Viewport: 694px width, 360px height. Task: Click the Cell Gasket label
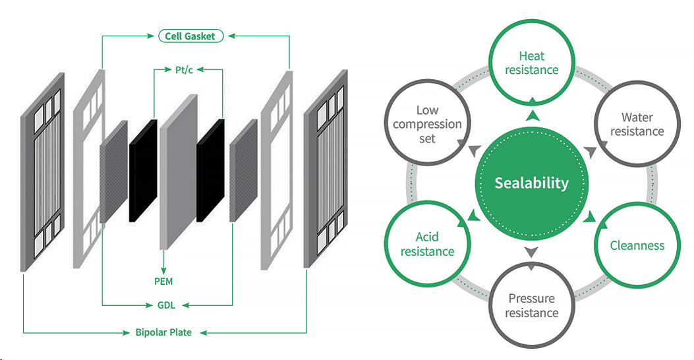(190, 36)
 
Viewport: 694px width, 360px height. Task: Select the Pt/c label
(177, 69)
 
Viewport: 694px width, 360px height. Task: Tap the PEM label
(163, 282)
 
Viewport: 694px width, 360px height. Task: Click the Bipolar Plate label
(163, 332)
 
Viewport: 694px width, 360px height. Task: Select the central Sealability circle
(531, 183)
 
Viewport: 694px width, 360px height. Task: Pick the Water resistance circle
(636, 124)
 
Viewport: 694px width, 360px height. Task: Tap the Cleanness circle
(636, 245)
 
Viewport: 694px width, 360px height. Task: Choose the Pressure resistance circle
(531, 305)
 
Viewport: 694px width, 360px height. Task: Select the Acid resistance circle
(427, 244)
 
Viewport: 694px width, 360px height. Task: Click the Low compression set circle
(427, 124)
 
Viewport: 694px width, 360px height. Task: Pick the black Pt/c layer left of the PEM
(143, 171)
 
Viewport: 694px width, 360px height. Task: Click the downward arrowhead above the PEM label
(163, 270)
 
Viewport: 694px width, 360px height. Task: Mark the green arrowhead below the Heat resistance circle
(531, 116)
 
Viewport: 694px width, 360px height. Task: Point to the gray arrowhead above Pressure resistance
(531, 251)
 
